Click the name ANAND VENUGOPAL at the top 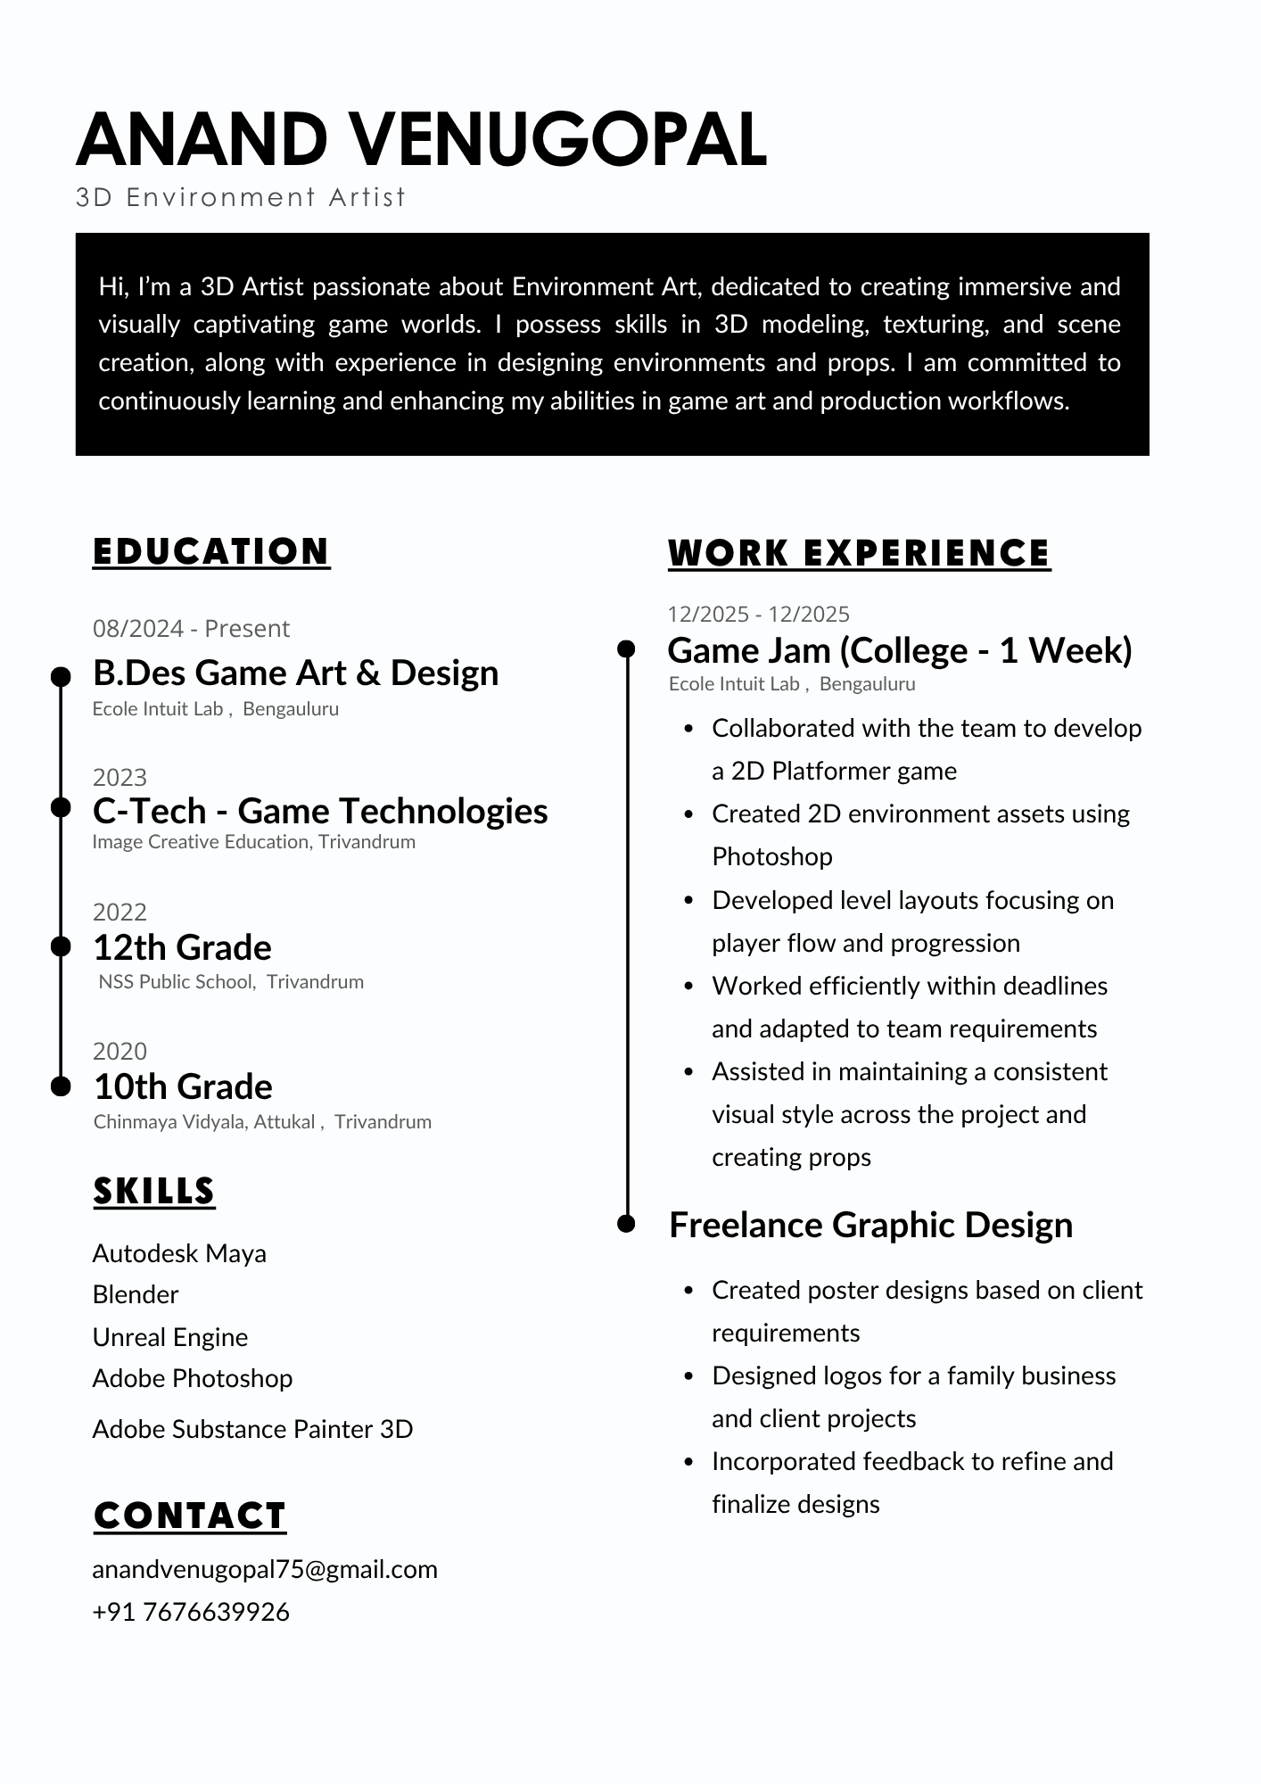[x=421, y=139]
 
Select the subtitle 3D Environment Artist [x=241, y=197]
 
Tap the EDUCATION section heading [x=211, y=551]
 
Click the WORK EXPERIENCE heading [x=859, y=553]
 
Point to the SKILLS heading [x=154, y=1191]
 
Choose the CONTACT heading [x=190, y=1516]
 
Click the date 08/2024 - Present [x=191, y=629]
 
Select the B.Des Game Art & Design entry [x=295, y=673]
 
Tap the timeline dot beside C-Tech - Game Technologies [x=61, y=807]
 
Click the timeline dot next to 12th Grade [x=61, y=946]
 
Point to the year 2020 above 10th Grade [x=120, y=1051]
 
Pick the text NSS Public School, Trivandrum [x=231, y=982]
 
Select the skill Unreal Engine [x=170, y=1337]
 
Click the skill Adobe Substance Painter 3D [x=252, y=1429]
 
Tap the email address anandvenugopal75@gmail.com [x=265, y=1569]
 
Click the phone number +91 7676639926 [x=191, y=1612]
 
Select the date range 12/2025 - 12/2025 [x=758, y=614]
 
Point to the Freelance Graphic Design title [x=870, y=1225]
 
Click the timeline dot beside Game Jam [x=627, y=648]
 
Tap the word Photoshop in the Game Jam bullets [x=772, y=856]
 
